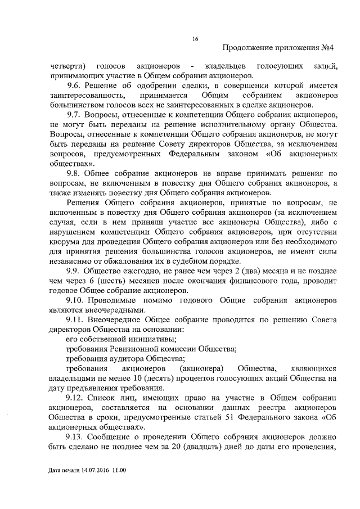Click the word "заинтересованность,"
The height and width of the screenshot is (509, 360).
point(82,95)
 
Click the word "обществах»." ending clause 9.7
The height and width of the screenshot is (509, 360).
point(72,163)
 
